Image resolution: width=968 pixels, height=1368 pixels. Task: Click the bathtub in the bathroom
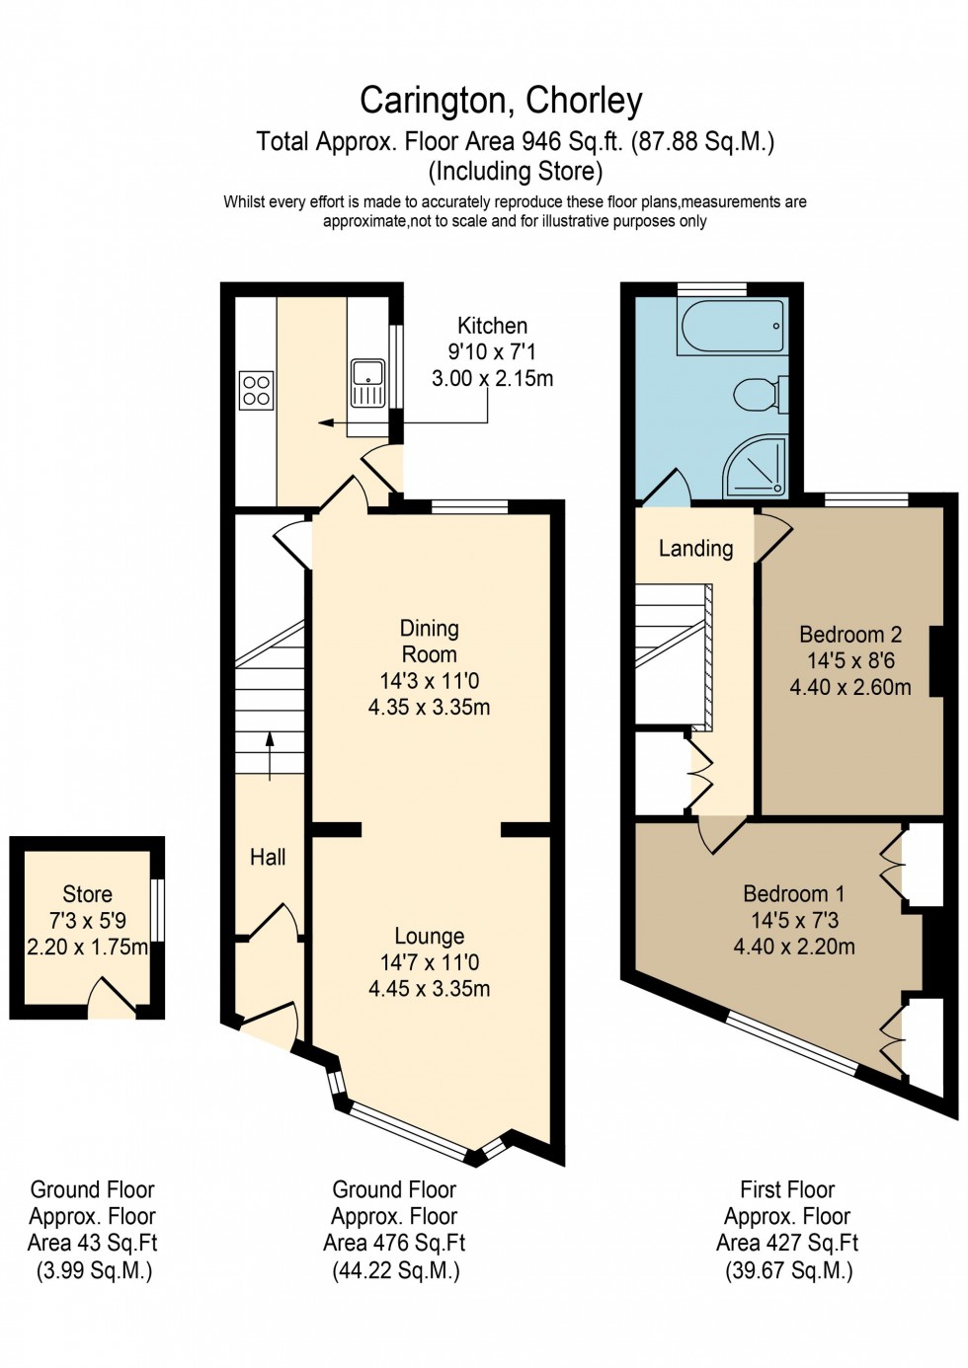pyautogui.click(x=732, y=327)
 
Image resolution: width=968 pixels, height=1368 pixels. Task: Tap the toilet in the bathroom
pyautogui.click(x=759, y=395)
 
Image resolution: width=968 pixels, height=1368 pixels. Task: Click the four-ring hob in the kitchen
pyautogui.click(x=257, y=389)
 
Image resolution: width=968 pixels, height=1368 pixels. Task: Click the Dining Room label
pyautogui.click(x=429, y=642)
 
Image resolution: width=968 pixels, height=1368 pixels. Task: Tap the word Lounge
pyautogui.click(x=429, y=936)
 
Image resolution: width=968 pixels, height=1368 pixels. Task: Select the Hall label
pyautogui.click(x=268, y=858)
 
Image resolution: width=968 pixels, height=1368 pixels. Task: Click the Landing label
pyautogui.click(x=695, y=549)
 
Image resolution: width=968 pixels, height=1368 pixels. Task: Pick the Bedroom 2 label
pyautogui.click(x=850, y=635)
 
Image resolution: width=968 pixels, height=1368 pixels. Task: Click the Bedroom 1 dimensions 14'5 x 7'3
pyautogui.click(x=794, y=920)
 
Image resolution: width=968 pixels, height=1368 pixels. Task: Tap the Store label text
pyautogui.click(x=87, y=894)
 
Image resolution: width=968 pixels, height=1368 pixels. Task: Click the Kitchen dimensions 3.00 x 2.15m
pyautogui.click(x=492, y=378)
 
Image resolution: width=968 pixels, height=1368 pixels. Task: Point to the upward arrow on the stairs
pyautogui.click(x=270, y=754)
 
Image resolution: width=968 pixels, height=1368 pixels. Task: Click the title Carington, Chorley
pyautogui.click(x=501, y=100)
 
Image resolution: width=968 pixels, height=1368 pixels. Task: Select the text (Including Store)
pyautogui.click(x=515, y=172)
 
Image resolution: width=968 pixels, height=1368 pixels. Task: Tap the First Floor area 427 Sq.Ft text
pyautogui.click(x=787, y=1243)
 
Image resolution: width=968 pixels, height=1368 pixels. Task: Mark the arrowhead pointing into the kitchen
pyautogui.click(x=323, y=423)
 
